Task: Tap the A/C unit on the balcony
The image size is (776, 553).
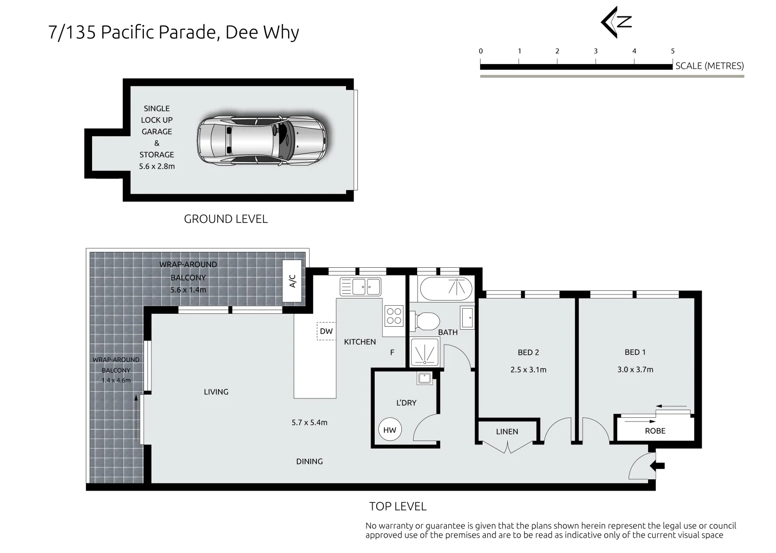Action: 293,281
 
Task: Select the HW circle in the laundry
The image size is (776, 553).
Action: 390,430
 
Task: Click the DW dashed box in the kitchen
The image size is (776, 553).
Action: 326,331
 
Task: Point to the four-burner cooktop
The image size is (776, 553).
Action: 394,315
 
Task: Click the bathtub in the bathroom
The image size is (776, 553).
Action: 445,289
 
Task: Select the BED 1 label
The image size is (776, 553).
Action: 635,352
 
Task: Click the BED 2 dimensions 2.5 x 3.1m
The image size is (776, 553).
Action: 528,370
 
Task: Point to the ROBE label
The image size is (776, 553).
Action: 655,431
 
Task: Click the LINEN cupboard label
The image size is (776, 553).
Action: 507,432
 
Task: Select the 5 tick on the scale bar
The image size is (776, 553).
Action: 673,51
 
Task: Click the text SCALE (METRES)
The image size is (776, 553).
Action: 709,66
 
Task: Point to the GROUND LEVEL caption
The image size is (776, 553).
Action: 226,219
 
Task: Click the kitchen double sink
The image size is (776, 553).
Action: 360,287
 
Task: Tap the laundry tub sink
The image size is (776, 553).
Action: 424,378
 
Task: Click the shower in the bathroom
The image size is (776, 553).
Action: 425,352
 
